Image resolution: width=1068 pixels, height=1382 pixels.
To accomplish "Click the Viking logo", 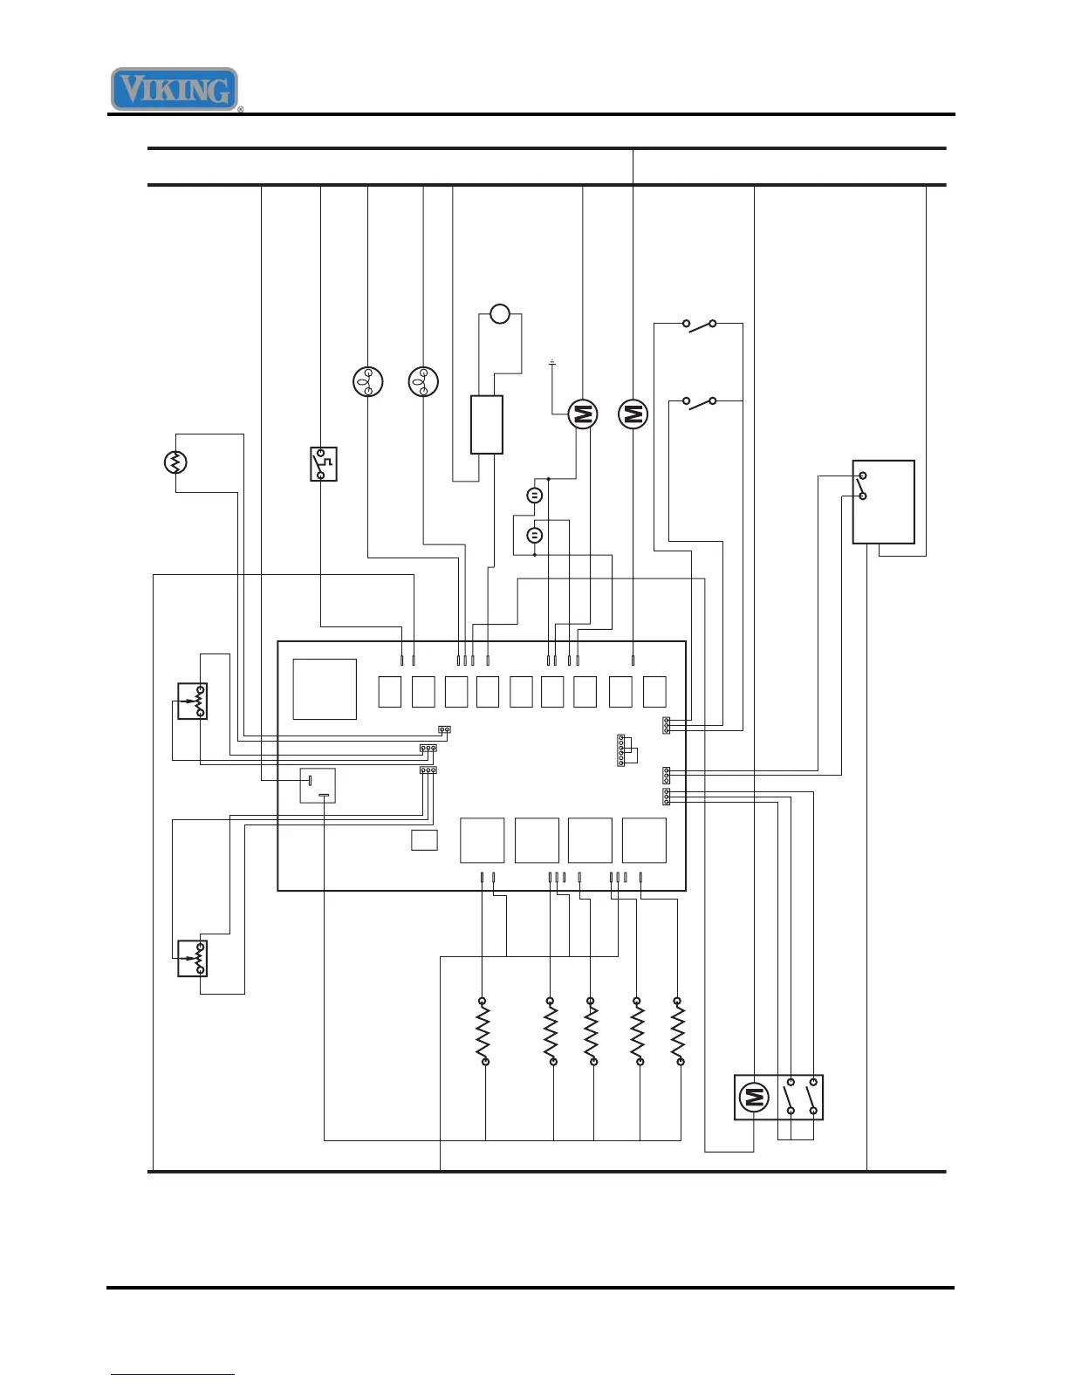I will point(175,89).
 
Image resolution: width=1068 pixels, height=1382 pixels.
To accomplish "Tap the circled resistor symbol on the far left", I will point(175,462).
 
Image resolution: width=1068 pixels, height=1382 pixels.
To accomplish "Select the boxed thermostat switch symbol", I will point(323,464).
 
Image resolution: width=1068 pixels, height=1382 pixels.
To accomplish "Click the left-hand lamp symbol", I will point(367,382).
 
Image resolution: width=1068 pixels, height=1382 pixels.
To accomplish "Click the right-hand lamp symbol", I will point(423,382).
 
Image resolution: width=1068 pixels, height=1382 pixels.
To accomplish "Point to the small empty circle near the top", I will point(499,313).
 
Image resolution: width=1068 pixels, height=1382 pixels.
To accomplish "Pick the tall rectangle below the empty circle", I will point(487,425).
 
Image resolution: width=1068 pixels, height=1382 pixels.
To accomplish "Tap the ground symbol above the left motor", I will point(551,362).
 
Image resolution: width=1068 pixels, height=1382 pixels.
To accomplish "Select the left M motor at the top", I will point(583,414).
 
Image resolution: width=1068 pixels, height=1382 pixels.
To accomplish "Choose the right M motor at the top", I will point(633,414).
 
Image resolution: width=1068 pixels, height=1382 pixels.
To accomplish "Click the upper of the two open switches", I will point(700,325).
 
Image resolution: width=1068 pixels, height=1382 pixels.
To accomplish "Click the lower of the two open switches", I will point(700,402).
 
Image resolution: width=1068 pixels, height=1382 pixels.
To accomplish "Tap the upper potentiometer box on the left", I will point(192,701).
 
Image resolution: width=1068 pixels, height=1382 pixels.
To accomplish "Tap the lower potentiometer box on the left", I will point(192,958).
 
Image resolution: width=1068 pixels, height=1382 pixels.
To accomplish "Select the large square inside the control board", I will point(325,689).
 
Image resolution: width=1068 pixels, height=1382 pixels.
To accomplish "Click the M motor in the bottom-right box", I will point(754,1098).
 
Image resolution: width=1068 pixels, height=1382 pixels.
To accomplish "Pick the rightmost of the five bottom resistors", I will point(678,1031).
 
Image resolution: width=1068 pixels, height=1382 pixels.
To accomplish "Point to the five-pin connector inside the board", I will point(621,750).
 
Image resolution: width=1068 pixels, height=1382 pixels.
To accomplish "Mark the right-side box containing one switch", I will point(883,502).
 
